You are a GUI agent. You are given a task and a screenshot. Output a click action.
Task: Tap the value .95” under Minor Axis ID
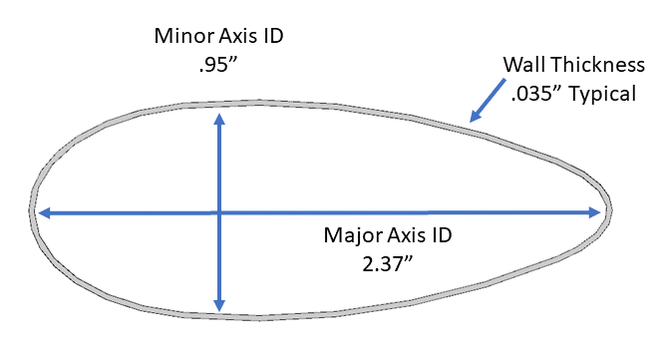(x=218, y=65)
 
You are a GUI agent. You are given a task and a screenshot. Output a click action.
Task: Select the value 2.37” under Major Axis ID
(x=388, y=264)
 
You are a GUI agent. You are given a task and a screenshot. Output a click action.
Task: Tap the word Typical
(x=603, y=94)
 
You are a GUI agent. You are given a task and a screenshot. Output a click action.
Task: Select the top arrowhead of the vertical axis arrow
(x=219, y=120)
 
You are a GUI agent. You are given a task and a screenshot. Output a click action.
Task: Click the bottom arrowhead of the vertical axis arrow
(x=219, y=305)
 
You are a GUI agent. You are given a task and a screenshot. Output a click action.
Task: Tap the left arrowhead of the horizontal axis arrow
(x=44, y=212)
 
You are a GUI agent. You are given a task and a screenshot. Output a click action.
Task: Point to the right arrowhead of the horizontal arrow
(x=594, y=212)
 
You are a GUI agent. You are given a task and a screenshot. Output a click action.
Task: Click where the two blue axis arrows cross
(x=219, y=212)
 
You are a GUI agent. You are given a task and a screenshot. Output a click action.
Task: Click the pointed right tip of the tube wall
(x=610, y=209)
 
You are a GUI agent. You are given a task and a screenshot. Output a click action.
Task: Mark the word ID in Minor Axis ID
(x=274, y=36)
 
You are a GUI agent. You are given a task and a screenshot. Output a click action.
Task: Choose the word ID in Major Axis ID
(x=443, y=235)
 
